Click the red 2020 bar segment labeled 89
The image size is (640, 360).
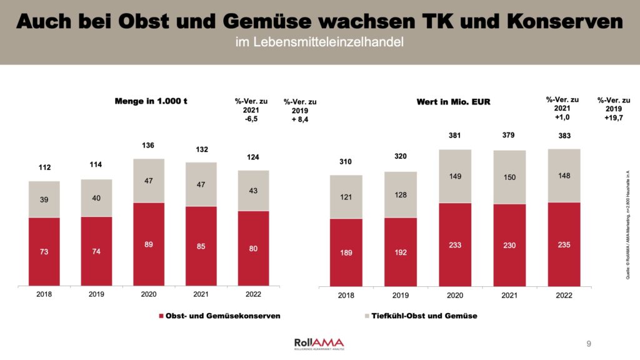148,244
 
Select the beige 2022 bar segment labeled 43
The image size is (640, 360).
253,190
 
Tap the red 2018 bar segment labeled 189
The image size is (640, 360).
346,252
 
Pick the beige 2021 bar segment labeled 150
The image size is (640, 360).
509,177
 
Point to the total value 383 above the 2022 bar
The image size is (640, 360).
564,136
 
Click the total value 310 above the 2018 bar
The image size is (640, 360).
346,162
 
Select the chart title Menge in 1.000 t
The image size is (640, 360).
151,101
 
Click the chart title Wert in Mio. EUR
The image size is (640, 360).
453,101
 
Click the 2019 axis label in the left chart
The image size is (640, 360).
96,294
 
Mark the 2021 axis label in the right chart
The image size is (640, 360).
509,294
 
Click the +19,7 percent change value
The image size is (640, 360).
613,117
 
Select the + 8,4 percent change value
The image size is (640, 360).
299,119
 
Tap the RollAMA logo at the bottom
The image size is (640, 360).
319,343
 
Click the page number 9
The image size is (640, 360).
589,344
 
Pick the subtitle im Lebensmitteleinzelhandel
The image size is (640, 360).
319,42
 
